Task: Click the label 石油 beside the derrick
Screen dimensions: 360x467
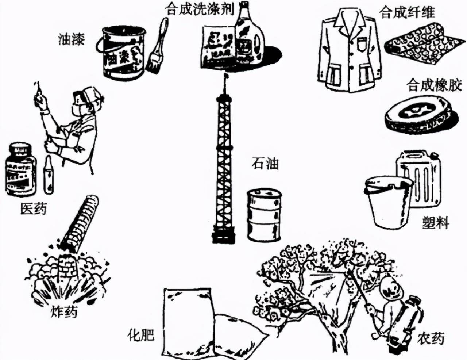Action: click(265, 163)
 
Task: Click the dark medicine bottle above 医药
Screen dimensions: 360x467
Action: click(21, 168)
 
